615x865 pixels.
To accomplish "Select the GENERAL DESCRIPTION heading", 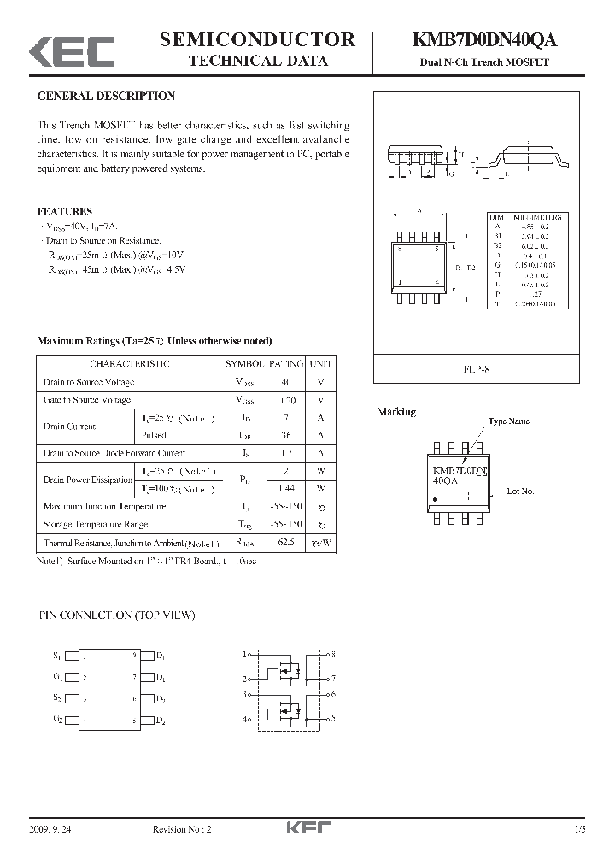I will click(106, 97).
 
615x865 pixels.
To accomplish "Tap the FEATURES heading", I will click(65, 210).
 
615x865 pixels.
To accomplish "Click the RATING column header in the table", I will click(285, 364).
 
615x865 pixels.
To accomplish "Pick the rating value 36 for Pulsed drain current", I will click(285, 435).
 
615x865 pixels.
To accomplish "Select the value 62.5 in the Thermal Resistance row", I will click(285, 543).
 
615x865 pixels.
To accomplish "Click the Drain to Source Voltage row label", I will click(89, 382).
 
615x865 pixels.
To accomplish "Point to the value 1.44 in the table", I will click(285, 489).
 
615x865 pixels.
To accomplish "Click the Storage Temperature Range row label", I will click(96, 524).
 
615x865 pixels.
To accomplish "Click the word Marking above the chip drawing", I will click(396, 412).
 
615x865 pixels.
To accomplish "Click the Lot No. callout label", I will click(520, 491).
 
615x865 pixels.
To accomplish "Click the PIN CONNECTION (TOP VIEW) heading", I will click(117, 615).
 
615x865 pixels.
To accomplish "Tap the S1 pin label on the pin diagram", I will click(57, 656).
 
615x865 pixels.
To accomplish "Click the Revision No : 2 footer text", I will click(181, 828).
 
